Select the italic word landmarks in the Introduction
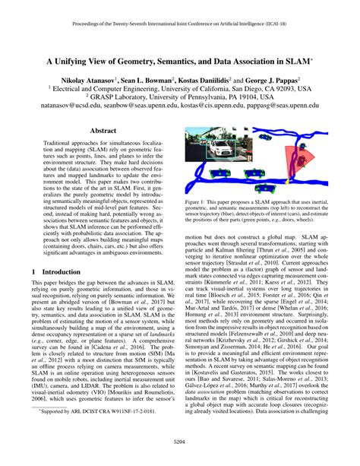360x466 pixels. [x=160, y=372]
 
